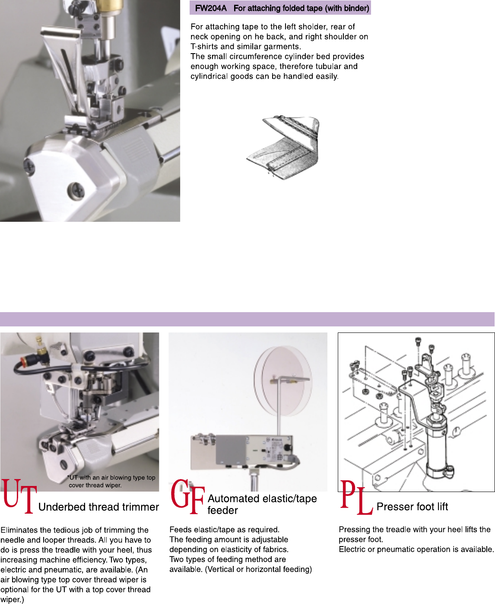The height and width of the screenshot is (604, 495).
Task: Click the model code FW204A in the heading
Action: coord(211,8)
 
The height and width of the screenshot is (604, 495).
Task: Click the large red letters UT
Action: coord(19,496)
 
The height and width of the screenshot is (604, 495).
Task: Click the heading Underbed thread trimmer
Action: coord(98,507)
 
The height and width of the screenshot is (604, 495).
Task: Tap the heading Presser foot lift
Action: coord(412,506)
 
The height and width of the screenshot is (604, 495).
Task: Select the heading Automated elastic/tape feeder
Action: coord(262,504)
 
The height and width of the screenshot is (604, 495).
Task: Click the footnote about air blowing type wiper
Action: coord(111,481)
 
